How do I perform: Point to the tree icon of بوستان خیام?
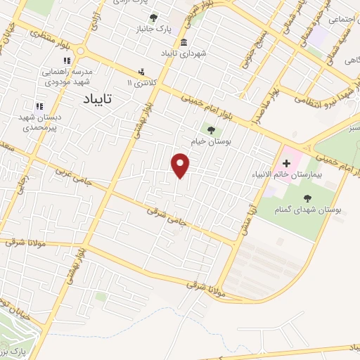[x=210, y=129]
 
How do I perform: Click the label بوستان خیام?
[x=211, y=141]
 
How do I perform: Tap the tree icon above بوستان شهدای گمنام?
[x=307, y=198]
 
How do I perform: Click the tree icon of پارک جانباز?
[x=153, y=18]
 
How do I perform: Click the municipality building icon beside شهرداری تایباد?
[x=183, y=41]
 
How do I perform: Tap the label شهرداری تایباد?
[x=184, y=53]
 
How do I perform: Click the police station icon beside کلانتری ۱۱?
[x=142, y=71]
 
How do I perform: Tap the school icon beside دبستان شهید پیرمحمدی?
[x=39, y=106]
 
